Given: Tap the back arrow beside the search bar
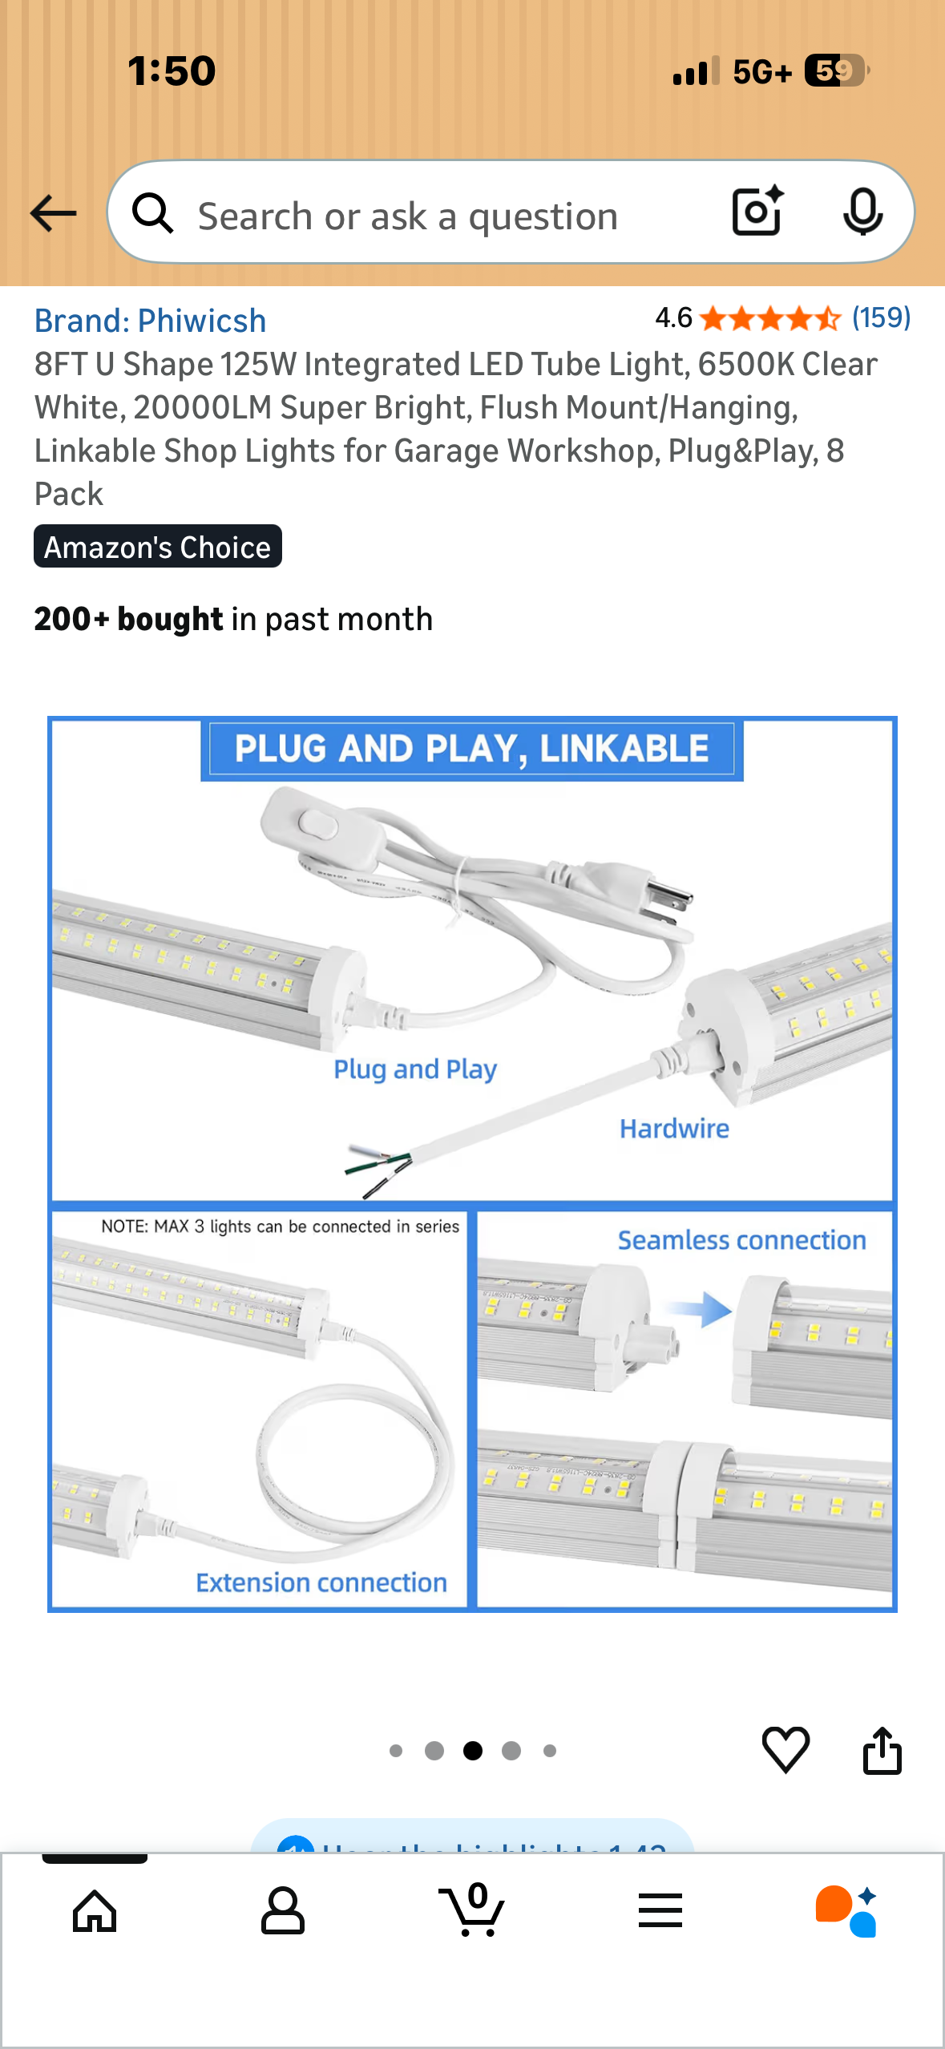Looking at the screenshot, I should (x=53, y=213).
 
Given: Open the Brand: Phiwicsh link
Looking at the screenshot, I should (x=150, y=321).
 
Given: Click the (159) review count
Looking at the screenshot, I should (x=880, y=317).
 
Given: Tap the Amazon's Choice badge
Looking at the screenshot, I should (x=158, y=547).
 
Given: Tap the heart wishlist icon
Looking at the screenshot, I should (x=785, y=1749).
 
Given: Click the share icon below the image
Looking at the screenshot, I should (x=882, y=1751).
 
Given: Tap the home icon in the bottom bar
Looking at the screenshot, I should (x=95, y=1911).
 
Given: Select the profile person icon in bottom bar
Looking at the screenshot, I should (x=283, y=1911).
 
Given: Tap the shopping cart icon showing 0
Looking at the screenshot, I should (x=473, y=1911).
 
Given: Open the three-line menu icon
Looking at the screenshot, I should (x=660, y=1911).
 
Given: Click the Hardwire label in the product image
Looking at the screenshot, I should (x=674, y=1129).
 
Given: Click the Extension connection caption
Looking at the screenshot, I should (x=321, y=1582).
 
